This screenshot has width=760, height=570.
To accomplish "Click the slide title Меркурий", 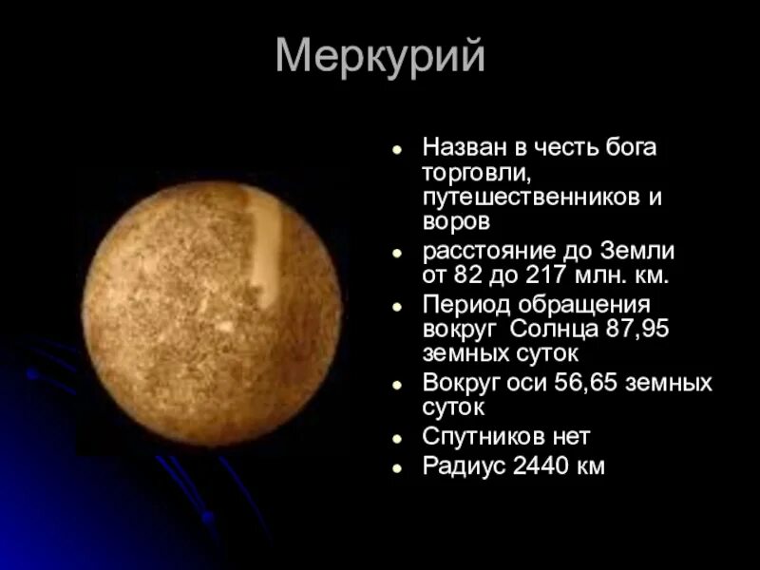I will [x=380, y=58].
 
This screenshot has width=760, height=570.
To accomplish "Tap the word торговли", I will [x=476, y=174].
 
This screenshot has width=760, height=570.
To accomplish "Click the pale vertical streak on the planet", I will [x=265, y=247].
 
